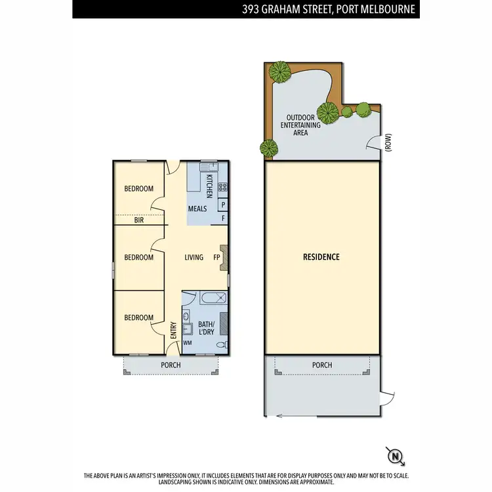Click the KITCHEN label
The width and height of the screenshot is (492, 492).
click(210, 186)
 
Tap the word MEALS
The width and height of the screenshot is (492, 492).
click(197, 209)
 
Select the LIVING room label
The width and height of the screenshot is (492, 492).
click(194, 257)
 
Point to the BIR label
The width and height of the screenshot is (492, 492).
click(139, 220)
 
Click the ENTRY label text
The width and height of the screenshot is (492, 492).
click(173, 329)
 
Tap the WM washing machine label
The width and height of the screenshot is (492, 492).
click(188, 342)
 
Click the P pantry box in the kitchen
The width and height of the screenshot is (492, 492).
click(223, 205)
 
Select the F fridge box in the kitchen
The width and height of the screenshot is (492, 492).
click(223, 218)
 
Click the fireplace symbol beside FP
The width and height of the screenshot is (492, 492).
click(224, 257)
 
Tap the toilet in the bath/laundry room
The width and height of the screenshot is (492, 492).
click(224, 344)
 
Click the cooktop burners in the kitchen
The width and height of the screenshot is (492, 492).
click(222, 188)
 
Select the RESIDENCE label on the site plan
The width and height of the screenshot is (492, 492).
click(321, 257)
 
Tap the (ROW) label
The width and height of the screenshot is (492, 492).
click(388, 144)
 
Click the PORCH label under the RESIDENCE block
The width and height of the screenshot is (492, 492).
click(322, 365)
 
